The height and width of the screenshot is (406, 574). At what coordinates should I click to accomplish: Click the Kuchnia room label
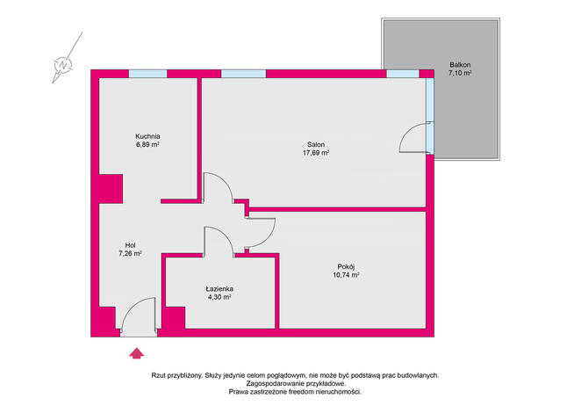coord(147,136)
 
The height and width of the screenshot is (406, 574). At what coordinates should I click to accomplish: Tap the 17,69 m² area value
coord(316,153)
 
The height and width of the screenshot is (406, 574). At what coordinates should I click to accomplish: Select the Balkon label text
coord(460,65)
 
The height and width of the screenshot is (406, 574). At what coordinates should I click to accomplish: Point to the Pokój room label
coord(346,267)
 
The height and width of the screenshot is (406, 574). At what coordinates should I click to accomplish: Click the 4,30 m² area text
coord(219,297)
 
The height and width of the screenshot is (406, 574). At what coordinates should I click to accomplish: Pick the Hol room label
coord(130,245)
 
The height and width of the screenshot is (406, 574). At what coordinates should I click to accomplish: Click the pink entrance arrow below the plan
coord(137,353)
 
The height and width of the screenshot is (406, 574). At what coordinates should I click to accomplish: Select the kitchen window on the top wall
coord(147,74)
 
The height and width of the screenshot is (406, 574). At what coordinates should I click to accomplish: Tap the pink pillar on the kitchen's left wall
coord(111,189)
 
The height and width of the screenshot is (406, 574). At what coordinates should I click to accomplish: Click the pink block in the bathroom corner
coord(176,318)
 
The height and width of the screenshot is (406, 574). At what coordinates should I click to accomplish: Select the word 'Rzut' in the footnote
coord(158,375)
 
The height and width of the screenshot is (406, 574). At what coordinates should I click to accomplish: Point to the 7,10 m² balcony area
coord(460,73)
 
